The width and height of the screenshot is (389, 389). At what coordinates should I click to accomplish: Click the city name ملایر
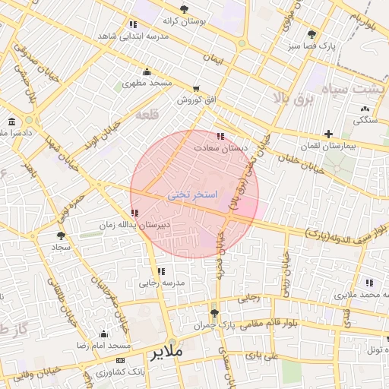[x=168, y=353]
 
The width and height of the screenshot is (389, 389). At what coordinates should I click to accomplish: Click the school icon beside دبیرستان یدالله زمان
[x=135, y=213]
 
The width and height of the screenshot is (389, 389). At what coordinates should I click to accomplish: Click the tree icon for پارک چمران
[x=215, y=312]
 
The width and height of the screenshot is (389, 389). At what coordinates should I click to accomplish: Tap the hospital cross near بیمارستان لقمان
[x=327, y=134]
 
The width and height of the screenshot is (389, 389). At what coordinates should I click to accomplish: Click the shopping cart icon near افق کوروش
[x=197, y=88]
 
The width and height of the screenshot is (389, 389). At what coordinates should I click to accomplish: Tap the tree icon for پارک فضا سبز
[x=312, y=34]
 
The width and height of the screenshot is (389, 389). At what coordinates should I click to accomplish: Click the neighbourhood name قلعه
[x=144, y=115]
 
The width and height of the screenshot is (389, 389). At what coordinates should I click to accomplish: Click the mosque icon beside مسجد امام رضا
[x=103, y=334]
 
